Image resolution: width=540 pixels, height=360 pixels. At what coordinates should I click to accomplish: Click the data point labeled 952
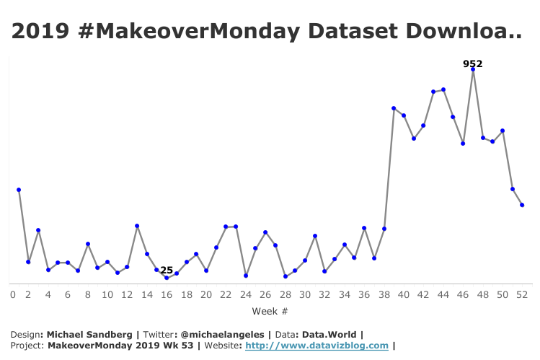[473, 70]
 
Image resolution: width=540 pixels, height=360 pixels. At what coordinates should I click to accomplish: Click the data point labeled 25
[167, 278]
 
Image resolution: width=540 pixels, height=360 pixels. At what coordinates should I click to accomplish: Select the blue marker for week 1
[19, 190]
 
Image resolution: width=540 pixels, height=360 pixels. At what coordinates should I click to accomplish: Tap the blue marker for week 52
[522, 206]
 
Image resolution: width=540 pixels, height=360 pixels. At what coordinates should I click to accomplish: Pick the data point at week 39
[394, 108]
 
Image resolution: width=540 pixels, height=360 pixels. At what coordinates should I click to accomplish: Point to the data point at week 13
[137, 227]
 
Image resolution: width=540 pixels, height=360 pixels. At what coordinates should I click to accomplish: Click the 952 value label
[472, 63]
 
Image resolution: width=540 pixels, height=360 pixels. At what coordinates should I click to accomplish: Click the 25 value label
[167, 270]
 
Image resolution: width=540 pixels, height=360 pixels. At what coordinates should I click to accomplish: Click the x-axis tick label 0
[12, 294]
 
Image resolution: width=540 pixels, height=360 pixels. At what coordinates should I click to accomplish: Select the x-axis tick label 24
[246, 294]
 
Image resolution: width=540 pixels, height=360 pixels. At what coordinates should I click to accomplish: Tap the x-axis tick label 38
[384, 294]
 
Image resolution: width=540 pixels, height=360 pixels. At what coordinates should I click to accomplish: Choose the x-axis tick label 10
[107, 294]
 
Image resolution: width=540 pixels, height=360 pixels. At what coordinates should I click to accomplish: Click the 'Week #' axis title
[270, 311]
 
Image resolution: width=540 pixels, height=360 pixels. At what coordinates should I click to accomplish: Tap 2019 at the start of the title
[37, 31]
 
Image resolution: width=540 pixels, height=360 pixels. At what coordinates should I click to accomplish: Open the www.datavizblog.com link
[317, 346]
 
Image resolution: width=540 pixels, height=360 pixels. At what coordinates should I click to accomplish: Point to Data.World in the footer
[332, 334]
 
